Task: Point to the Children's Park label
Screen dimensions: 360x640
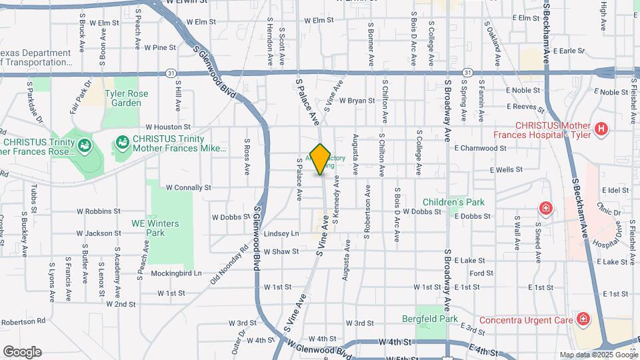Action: (453, 202)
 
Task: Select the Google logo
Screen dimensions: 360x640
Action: (22, 352)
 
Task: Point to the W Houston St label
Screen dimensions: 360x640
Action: (168, 127)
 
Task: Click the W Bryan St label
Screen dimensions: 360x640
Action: (357, 101)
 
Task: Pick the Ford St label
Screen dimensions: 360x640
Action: (481, 273)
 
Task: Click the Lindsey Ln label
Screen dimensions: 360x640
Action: (281, 233)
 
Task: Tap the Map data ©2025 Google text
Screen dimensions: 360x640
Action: (598, 355)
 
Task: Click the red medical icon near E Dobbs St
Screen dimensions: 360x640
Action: (546, 209)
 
